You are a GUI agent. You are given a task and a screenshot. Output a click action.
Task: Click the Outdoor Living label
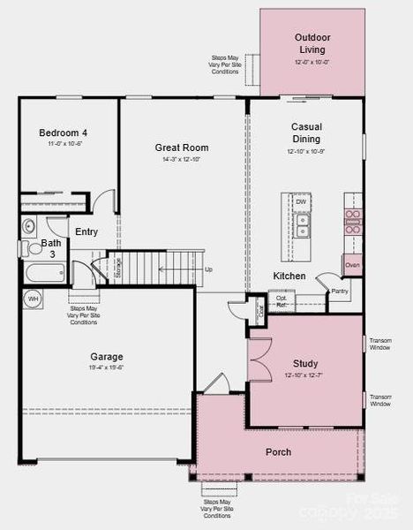(312, 43)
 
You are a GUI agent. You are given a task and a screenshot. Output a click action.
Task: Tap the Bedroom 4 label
(64, 133)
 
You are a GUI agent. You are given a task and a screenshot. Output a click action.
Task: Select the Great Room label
(181, 148)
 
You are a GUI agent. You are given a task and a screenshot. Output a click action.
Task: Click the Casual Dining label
(306, 132)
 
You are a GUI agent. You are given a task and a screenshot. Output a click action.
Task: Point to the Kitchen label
(289, 276)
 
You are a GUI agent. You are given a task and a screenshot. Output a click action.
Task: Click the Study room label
(305, 363)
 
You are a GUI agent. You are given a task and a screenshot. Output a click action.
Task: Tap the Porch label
(278, 452)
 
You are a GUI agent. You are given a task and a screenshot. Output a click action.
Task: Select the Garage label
(106, 357)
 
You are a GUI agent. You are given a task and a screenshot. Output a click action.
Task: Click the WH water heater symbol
(33, 299)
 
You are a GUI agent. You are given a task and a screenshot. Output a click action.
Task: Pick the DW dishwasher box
(301, 202)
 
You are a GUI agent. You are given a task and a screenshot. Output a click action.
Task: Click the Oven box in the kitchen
(352, 265)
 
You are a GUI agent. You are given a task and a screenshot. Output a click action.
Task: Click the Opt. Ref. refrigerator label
(282, 302)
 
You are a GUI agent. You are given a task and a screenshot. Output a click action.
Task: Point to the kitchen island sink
(302, 231)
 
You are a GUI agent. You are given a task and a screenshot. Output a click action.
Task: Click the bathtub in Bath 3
(44, 272)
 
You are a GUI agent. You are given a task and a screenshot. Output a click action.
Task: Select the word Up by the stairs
(208, 269)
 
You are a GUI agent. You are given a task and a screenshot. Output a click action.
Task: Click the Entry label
(86, 232)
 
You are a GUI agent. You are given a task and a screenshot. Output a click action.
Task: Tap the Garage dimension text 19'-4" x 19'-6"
(106, 367)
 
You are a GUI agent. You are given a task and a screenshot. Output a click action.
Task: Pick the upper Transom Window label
(380, 344)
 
